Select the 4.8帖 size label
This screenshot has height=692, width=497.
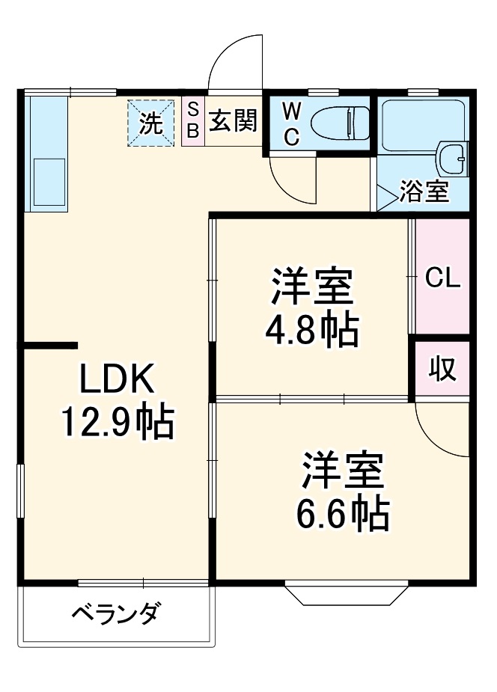[x=311, y=330]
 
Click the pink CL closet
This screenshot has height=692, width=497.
[x=442, y=277]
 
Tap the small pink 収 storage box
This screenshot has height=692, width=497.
[x=442, y=370]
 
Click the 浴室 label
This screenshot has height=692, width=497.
[x=424, y=192]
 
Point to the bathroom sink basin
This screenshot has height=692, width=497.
[x=453, y=159]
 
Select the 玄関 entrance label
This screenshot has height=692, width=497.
[x=232, y=120]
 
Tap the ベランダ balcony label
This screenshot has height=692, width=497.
[x=115, y=615]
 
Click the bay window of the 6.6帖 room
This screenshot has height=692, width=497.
[x=346, y=593]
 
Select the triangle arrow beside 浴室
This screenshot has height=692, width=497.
[x=386, y=197]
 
